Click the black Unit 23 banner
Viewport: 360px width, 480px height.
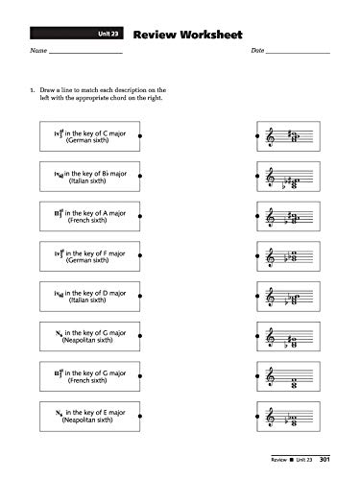(x=106, y=33)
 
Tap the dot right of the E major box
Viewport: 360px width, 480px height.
(x=141, y=417)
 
